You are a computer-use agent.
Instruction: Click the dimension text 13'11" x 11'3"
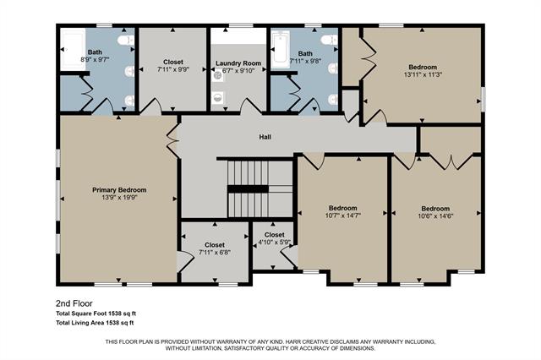point(423,75)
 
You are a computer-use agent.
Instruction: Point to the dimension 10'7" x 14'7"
point(342,215)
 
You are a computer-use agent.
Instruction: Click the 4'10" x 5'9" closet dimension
point(275,243)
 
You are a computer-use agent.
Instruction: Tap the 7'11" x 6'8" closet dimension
point(215,252)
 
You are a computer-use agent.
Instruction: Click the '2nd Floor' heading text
point(74,303)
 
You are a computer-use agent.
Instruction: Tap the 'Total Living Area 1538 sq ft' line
point(95,323)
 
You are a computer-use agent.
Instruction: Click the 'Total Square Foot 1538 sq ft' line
point(96,314)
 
